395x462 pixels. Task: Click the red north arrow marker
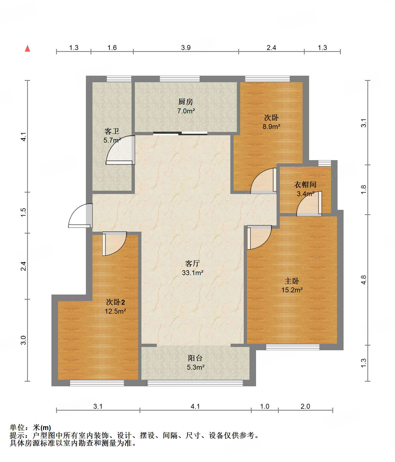(x=27, y=48)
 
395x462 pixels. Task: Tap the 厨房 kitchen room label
(x=186, y=102)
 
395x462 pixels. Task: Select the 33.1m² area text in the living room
(x=193, y=273)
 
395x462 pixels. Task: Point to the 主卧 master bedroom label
(x=292, y=281)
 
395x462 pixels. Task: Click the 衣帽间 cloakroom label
(x=305, y=185)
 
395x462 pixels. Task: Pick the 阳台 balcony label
(x=195, y=358)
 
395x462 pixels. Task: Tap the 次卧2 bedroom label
(x=115, y=302)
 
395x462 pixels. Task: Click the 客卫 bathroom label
(x=112, y=131)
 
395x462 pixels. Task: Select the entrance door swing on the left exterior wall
(x=80, y=216)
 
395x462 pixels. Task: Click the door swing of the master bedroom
(x=259, y=237)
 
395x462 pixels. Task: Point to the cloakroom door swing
(x=309, y=204)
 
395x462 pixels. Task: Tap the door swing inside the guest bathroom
(x=120, y=150)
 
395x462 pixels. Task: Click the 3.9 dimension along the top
(x=186, y=48)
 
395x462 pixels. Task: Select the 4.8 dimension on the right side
(x=363, y=280)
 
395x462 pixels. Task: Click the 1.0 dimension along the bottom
(x=265, y=406)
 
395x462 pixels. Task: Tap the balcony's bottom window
(x=195, y=383)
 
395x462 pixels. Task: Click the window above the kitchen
(x=180, y=79)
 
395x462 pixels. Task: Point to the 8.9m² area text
(x=271, y=126)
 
